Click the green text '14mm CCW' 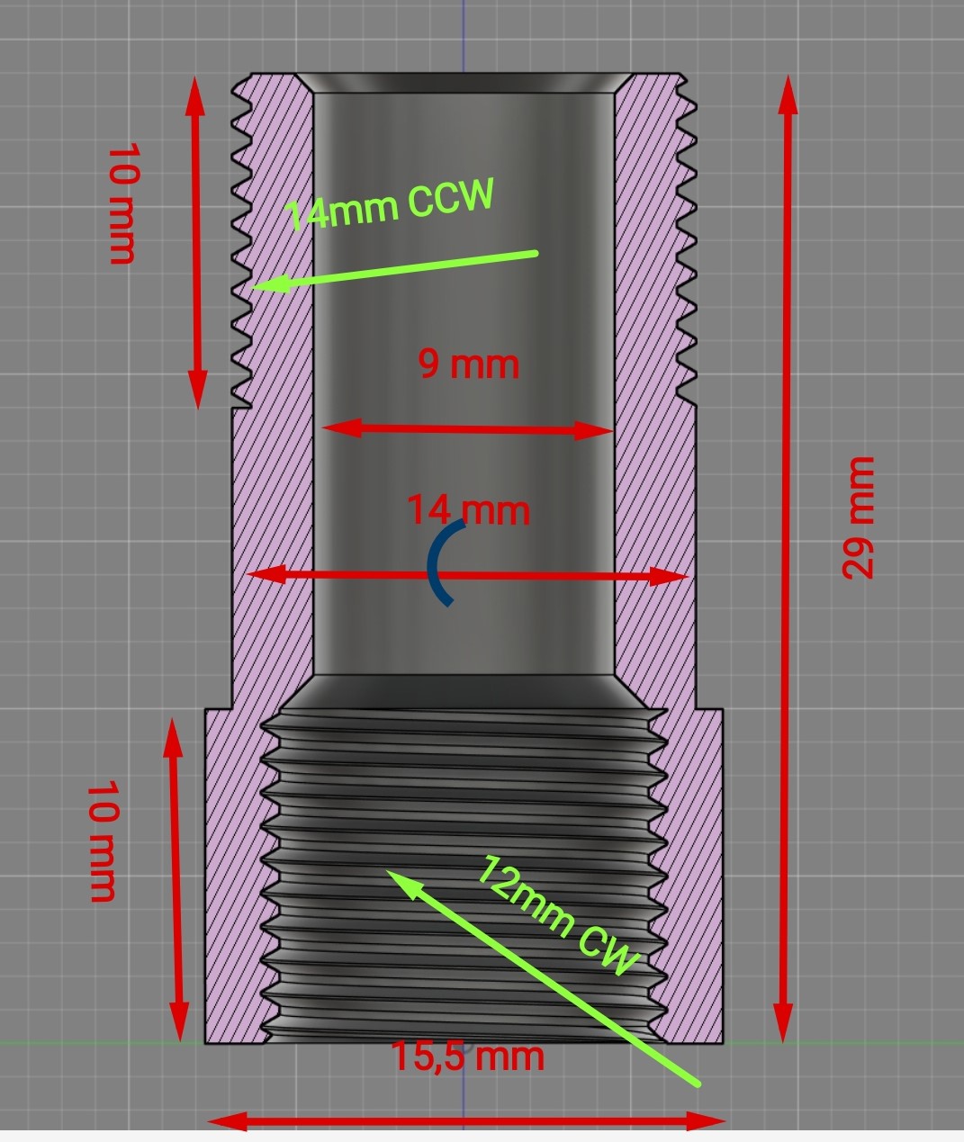(x=390, y=204)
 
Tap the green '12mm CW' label (x=557, y=915)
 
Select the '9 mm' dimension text (x=469, y=364)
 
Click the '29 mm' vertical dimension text (x=859, y=517)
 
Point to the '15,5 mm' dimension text (x=468, y=1056)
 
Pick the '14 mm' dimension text (x=468, y=510)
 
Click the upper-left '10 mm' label (x=122, y=202)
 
